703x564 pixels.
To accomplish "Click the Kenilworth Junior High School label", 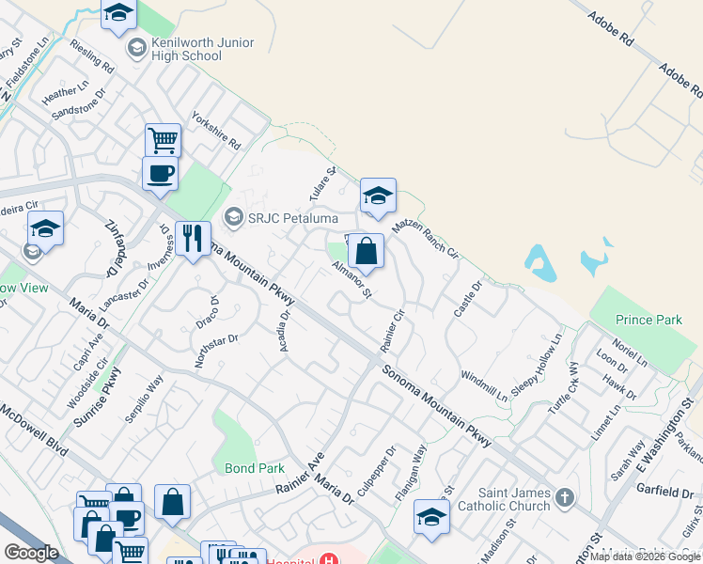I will pos(186,50).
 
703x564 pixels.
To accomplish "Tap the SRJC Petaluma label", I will pos(279,219).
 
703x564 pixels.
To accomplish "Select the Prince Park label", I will pos(649,321).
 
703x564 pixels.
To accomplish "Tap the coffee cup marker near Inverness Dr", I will pos(160,174).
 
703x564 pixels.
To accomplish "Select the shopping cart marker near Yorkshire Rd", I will pos(163,141).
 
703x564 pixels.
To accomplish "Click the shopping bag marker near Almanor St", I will pos(366,251).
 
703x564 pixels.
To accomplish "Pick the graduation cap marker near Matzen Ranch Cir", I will pos(378,196).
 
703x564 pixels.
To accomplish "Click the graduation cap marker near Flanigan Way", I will pos(431,517).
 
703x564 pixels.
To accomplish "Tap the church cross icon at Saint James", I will pos(564,497).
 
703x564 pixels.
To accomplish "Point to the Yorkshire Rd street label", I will pos(216,133).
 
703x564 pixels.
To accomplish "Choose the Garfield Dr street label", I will pos(664,492).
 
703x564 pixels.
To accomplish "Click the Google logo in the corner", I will pos(31,553).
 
